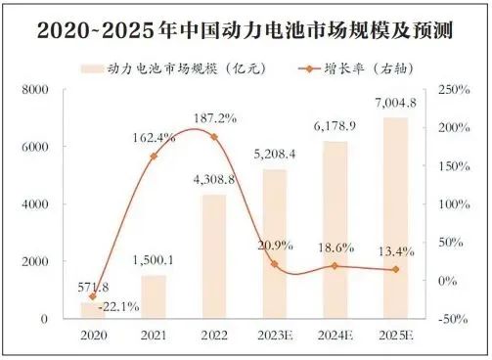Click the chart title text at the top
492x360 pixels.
tap(246, 30)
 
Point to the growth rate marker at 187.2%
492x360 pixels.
tap(214, 136)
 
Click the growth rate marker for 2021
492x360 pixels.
tap(154, 156)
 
